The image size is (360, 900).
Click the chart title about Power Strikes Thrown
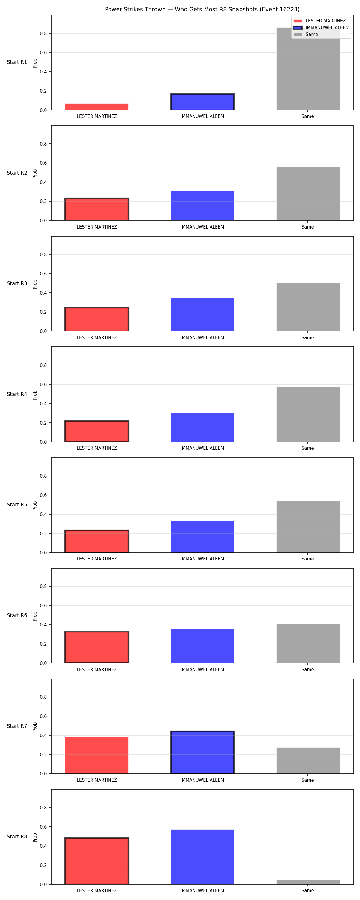[202, 9]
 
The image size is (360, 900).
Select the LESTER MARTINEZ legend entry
[320, 21]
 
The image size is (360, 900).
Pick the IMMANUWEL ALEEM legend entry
[322, 28]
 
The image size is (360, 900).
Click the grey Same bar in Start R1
[308, 69]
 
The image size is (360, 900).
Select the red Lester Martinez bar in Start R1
[97, 107]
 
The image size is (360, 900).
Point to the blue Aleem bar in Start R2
[202, 206]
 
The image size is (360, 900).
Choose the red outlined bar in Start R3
[97, 319]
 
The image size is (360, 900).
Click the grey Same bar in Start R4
[308, 415]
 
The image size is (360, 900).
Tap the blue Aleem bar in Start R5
[202, 537]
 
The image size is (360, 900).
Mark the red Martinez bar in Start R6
[97, 647]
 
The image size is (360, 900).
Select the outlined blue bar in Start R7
[202, 752]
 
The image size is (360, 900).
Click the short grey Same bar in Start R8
[308, 882]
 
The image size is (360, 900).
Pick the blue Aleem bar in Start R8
[202, 857]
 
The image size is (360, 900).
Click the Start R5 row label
[17, 505]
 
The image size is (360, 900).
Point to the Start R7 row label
[17, 726]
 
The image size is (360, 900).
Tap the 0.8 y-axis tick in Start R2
[43, 144]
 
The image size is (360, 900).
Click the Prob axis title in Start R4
[35, 395]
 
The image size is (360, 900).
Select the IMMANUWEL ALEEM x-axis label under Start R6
[202, 669]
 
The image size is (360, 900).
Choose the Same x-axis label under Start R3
[307, 337]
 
